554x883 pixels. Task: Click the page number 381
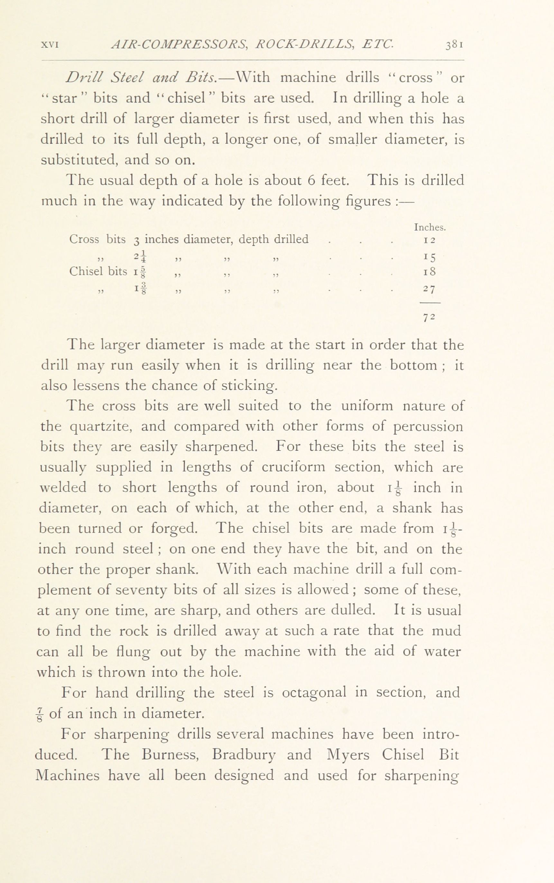(455, 45)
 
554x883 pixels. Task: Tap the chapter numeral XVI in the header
(50, 45)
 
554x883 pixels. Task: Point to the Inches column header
(430, 227)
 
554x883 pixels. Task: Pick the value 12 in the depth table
(429, 241)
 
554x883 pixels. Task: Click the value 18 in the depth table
(429, 272)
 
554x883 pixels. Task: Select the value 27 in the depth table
(429, 289)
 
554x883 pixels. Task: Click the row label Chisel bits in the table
(98, 272)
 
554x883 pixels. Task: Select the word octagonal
(315, 692)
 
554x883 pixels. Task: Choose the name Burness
(172, 755)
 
